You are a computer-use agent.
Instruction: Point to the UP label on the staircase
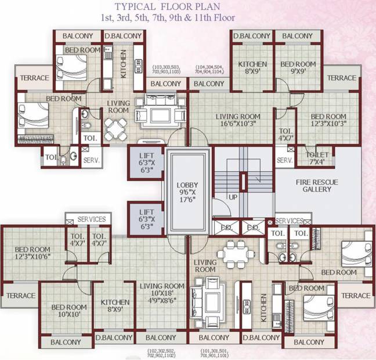point(233,197)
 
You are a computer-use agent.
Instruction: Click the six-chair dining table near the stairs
point(236,253)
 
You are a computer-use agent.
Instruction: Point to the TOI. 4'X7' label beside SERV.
point(285,135)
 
